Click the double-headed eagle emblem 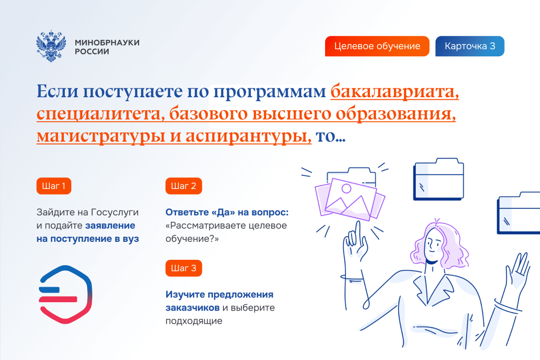pos(51,46)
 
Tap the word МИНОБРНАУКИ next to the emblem pos(107,42)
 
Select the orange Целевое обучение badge pos(377,46)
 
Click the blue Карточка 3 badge pos(470,46)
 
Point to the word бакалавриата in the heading pos(395,91)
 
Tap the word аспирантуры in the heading pos(248,137)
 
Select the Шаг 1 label pos(54,186)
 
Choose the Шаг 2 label pos(183,186)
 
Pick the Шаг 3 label pos(183,268)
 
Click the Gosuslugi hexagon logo pos(65,295)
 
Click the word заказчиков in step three pos(192,308)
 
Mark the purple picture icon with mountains pos(350,198)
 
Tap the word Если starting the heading pos(57,91)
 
